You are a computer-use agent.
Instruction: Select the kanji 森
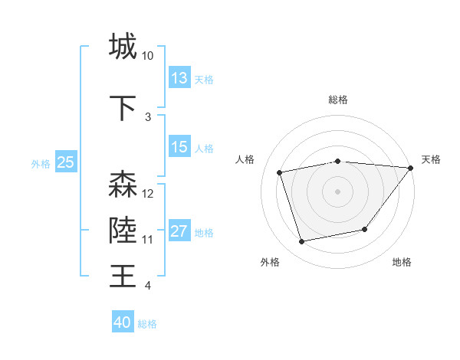tap(123, 185)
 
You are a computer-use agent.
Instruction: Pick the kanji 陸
tap(123, 231)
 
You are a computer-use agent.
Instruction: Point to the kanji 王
tap(123, 276)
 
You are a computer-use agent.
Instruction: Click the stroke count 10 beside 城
tap(148, 56)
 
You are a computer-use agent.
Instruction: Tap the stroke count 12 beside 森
tap(148, 194)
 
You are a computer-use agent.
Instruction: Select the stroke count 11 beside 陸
tap(148, 240)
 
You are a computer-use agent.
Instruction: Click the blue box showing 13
tap(179, 78)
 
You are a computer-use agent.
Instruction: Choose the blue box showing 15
tap(179, 147)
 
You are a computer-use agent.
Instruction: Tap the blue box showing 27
tap(179, 231)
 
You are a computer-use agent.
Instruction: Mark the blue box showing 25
tap(65, 162)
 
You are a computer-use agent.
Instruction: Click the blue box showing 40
tap(123, 322)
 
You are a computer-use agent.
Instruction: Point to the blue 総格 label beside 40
tap(148, 324)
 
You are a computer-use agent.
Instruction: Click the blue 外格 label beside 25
tap(41, 163)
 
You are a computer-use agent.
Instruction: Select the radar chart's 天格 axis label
tap(432, 159)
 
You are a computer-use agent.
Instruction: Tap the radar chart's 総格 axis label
tap(338, 100)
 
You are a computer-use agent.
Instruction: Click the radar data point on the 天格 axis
tap(410, 168)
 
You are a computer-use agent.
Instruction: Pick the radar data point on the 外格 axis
tap(302, 242)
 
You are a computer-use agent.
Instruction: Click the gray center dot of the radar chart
tap(338, 191)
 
